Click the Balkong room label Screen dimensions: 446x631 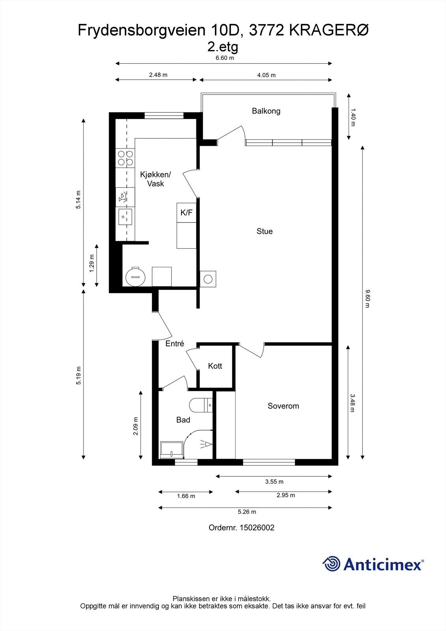(x=266, y=111)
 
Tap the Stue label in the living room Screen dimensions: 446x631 (x=265, y=231)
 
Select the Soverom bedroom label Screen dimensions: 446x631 (x=283, y=406)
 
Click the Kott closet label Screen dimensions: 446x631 (x=215, y=366)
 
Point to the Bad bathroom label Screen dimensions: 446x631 (x=183, y=420)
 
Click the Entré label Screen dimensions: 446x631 (x=175, y=344)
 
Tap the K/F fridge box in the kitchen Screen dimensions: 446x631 (x=187, y=213)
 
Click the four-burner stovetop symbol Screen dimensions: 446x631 (x=125, y=158)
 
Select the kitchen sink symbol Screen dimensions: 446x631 (x=125, y=217)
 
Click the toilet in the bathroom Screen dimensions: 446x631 (x=201, y=405)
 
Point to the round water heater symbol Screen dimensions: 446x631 (x=136, y=276)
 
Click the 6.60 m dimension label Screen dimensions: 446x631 (x=224, y=58)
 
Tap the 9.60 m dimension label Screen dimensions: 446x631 (x=367, y=299)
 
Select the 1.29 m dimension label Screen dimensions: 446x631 (x=91, y=263)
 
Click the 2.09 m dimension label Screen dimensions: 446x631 (x=136, y=426)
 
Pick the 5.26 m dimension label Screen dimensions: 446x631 (x=247, y=512)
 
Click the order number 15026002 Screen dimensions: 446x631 (x=257, y=528)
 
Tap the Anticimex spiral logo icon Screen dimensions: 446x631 (x=331, y=564)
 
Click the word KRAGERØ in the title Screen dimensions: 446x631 (x=329, y=30)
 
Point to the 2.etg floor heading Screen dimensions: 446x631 (x=223, y=47)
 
